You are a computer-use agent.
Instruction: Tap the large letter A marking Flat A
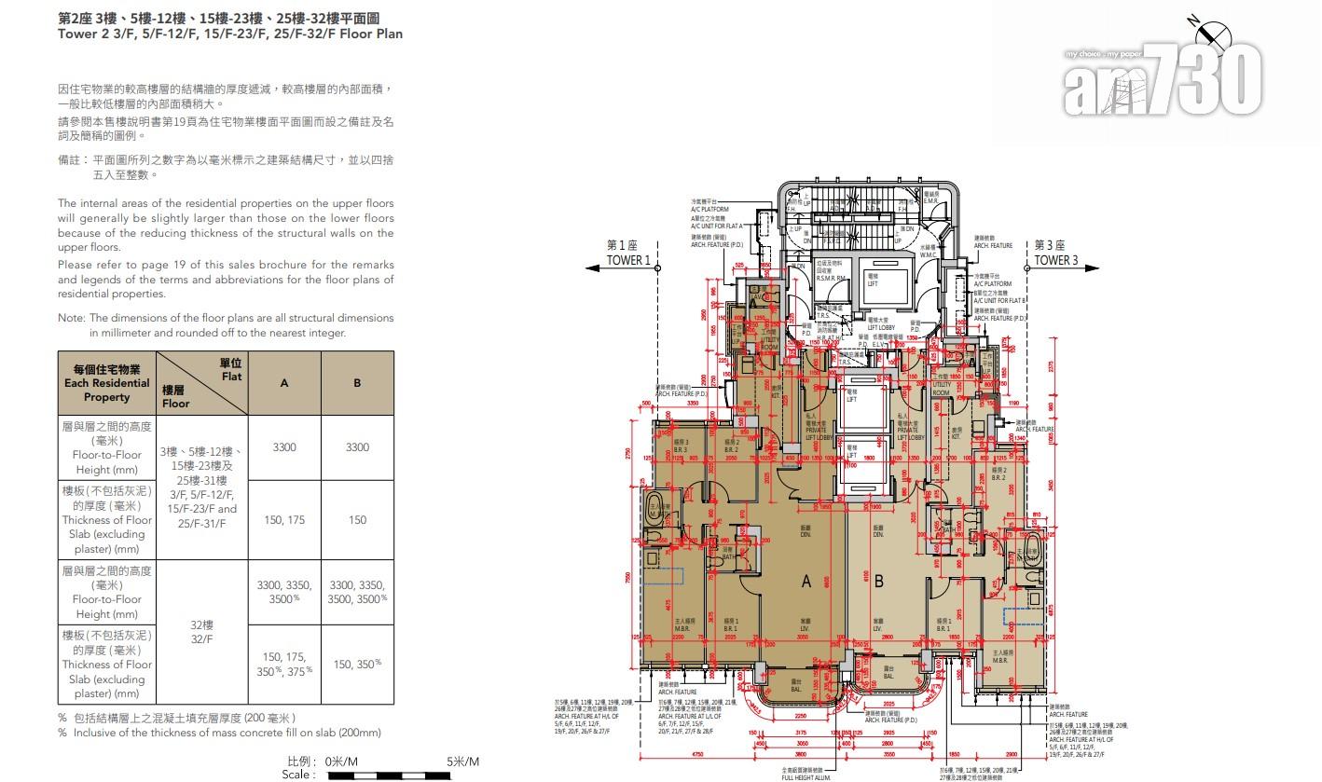tap(806, 583)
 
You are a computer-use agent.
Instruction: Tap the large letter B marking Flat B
tap(878, 583)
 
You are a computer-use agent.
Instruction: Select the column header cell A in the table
tap(284, 383)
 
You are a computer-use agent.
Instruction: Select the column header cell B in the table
tap(357, 383)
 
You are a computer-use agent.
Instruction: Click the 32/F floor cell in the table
tap(201, 631)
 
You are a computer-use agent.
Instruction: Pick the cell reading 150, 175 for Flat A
tap(284, 520)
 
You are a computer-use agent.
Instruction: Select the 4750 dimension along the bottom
tap(695, 756)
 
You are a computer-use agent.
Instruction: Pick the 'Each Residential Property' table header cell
tap(106, 383)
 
